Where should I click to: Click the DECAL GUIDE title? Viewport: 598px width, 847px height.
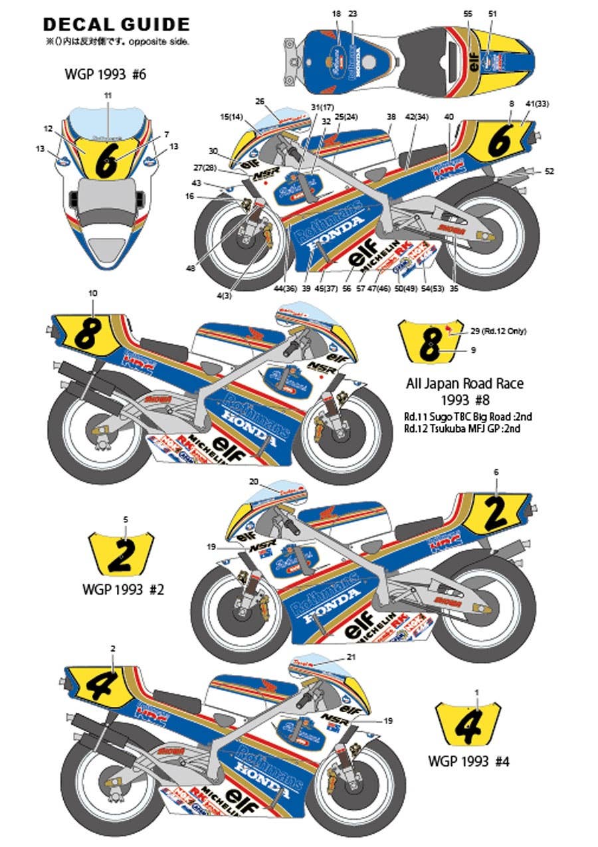(x=116, y=25)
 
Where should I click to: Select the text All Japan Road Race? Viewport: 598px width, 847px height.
(x=464, y=383)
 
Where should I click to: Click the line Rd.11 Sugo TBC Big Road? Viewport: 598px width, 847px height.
(x=467, y=417)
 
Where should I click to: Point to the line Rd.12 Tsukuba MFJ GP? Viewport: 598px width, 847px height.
(x=462, y=428)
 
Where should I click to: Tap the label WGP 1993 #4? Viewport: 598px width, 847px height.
(x=473, y=759)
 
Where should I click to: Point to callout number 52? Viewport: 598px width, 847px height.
(x=548, y=171)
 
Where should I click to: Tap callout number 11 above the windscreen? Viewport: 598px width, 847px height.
(x=108, y=96)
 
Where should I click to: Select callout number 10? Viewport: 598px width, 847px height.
(x=92, y=293)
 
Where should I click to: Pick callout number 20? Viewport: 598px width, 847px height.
(x=253, y=481)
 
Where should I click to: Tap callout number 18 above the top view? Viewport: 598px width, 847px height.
(x=336, y=14)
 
